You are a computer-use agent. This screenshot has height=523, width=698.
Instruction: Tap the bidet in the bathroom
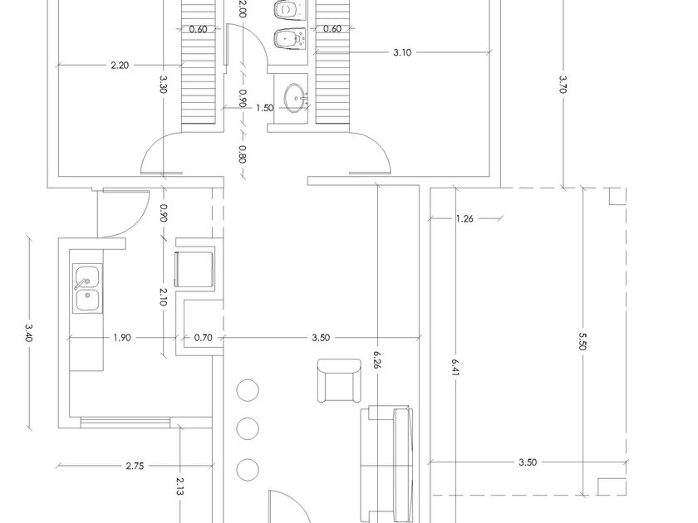pyautogui.click(x=290, y=39)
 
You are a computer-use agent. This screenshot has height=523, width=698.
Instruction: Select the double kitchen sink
pyautogui.click(x=87, y=289)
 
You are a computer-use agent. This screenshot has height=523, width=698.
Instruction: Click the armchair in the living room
pyautogui.click(x=339, y=380)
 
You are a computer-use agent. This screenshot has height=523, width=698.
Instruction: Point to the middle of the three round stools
pyautogui.click(x=248, y=428)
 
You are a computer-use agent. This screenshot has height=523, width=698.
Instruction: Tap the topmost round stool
pyautogui.click(x=248, y=390)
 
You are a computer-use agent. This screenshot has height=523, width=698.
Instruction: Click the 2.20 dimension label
pyautogui.click(x=120, y=66)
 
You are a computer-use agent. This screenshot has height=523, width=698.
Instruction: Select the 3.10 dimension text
pyautogui.click(x=402, y=52)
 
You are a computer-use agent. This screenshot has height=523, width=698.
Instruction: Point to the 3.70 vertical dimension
pyautogui.click(x=563, y=84)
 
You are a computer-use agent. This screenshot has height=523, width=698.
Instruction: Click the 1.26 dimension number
pyautogui.click(x=465, y=218)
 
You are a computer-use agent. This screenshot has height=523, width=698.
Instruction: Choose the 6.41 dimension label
pyautogui.click(x=455, y=368)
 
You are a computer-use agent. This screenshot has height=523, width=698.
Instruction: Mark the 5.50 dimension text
pyautogui.click(x=582, y=341)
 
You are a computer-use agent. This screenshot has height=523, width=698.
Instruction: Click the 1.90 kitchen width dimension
pyautogui.click(x=122, y=338)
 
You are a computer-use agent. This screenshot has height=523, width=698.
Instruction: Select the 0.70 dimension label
pyautogui.click(x=203, y=338)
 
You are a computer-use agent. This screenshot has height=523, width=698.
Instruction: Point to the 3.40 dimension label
pyautogui.click(x=29, y=332)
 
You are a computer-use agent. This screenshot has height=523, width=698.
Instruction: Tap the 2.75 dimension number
pyautogui.click(x=135, y=466)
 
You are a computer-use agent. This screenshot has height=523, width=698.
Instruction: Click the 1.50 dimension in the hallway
pyautogui.click(x=264, y=108)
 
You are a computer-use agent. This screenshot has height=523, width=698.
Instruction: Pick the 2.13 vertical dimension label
pyautogui.click(x=179, y=486)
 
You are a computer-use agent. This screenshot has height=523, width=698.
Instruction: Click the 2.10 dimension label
pyautogui.click(x=163, y=296)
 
